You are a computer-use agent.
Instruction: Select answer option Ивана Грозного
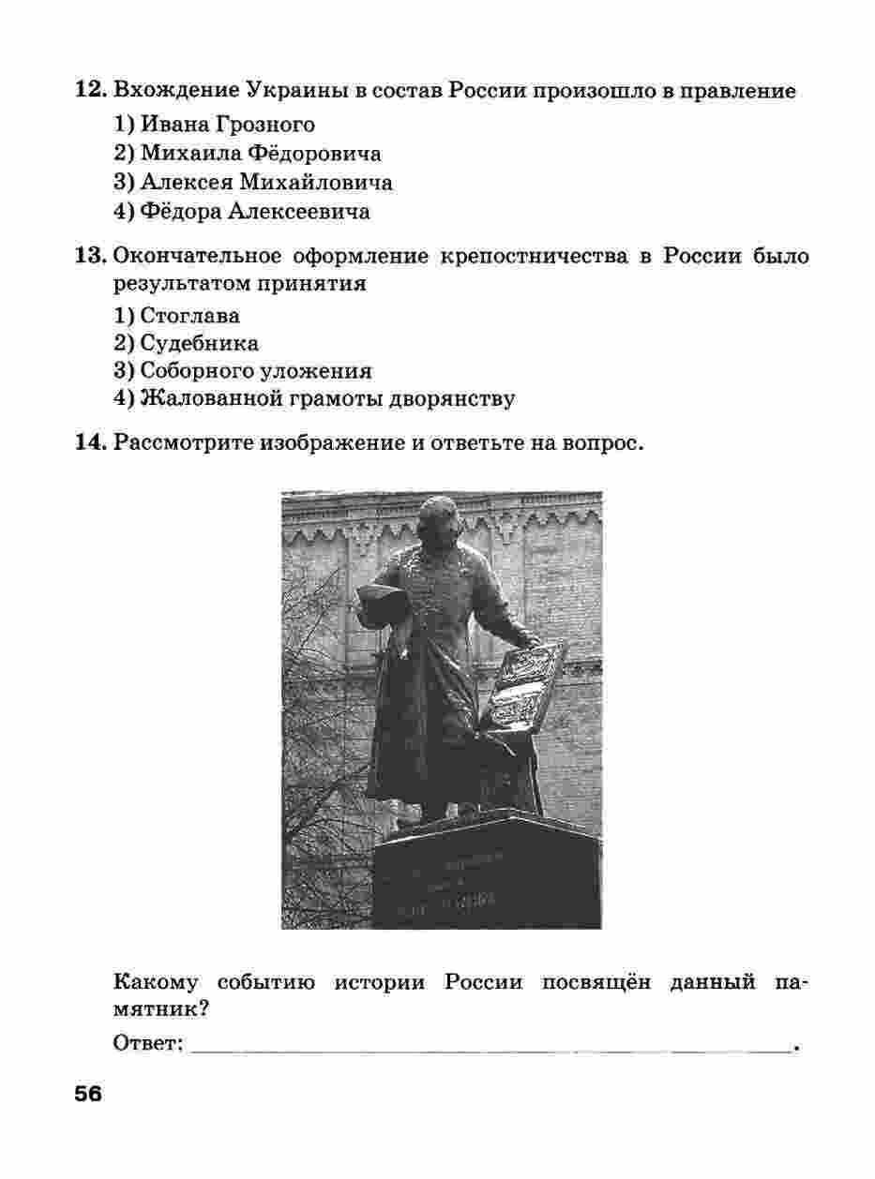(227, 124)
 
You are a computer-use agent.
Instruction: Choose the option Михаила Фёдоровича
(261, 153)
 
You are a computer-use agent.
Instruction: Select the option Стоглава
(189, 315)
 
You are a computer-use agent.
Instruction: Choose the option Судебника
(199, 343)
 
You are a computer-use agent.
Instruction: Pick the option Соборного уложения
(255, 371)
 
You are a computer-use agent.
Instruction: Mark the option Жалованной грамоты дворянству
(327, 399)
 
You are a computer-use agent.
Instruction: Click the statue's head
(439, 518)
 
